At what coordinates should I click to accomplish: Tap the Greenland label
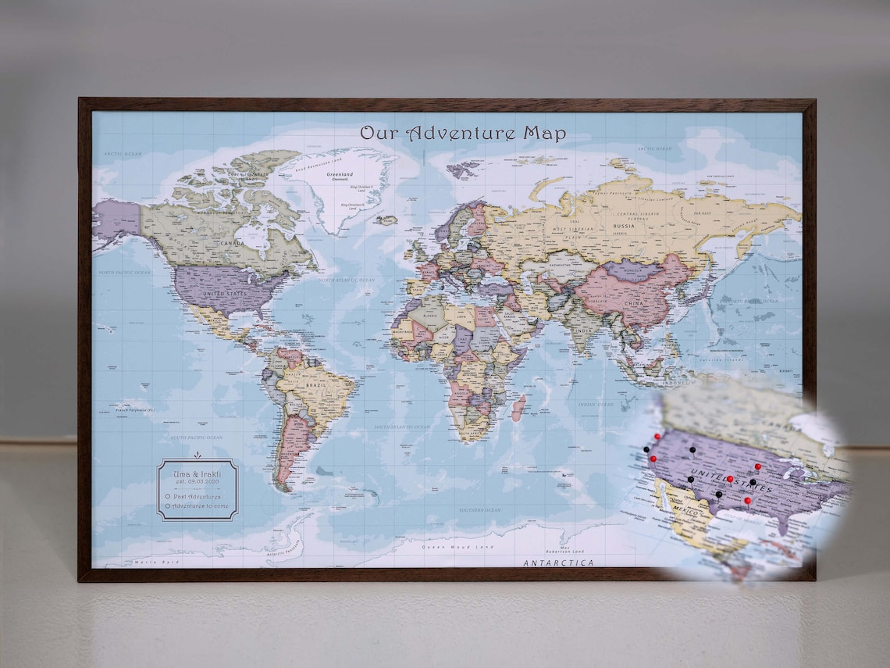coord(340,174)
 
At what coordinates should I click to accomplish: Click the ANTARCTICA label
coord(558,563)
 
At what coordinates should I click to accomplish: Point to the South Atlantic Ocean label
coord(402,427)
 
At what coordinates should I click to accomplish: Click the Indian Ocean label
coord(596,405)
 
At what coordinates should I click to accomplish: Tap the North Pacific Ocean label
coord(123,273)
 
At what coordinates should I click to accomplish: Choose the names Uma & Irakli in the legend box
coord(197,473)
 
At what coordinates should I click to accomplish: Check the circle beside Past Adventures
coord(168,496)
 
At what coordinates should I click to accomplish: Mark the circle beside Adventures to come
coord(168,506)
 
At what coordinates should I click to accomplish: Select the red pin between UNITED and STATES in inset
coord(730,479)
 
